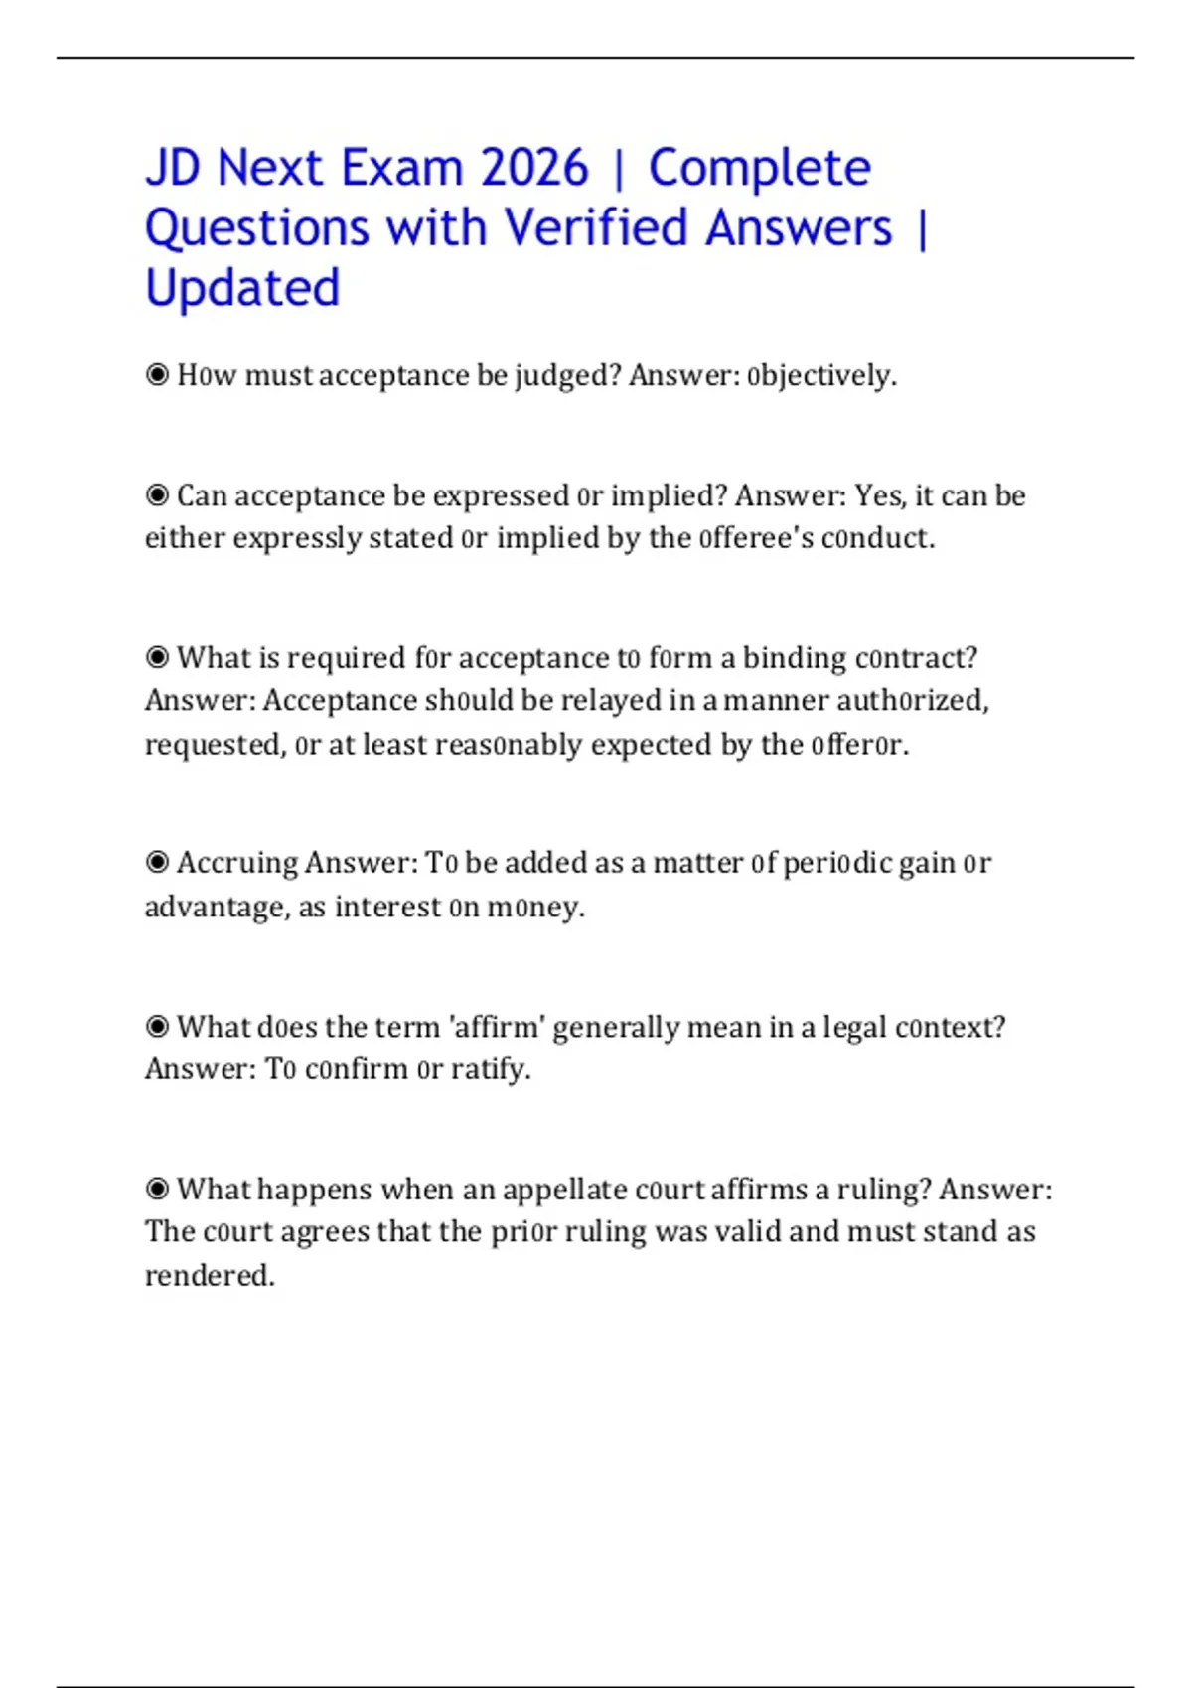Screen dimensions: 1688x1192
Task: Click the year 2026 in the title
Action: [534, 167]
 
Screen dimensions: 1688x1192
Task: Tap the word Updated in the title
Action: [242, 288]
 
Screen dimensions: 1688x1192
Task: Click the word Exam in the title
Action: [402, 167]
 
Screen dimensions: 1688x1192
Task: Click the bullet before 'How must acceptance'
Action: [157, 375]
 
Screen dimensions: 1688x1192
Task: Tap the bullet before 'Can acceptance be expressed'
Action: [157, 494]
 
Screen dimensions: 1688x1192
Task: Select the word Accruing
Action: [237, 863]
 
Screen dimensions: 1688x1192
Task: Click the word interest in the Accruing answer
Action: [387, 908]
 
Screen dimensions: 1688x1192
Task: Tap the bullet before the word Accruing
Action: [157, 862]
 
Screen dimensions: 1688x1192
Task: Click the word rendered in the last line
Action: [209, 1275]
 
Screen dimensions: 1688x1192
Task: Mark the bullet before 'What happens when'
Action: [157, 1189]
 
